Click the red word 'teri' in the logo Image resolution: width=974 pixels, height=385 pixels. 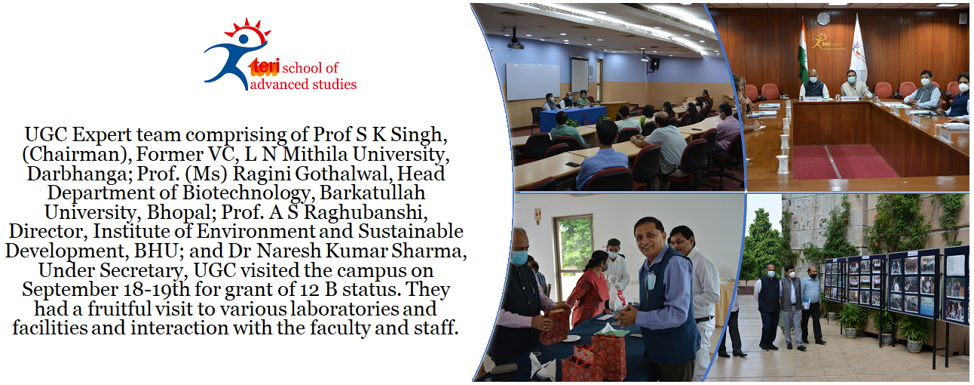coord(265,67)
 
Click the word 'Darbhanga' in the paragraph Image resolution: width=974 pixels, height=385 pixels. coord(75,174)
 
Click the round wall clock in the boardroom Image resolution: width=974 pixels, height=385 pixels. coord(823,19)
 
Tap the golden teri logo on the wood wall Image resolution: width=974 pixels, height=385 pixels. coord(827,43)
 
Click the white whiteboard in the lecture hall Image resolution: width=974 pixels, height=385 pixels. coord(533,81)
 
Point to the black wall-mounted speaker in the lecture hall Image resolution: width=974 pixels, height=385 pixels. coord(655,64)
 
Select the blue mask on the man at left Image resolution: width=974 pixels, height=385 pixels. coord(519,258)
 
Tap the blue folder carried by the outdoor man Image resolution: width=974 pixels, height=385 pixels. coord(807,304)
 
